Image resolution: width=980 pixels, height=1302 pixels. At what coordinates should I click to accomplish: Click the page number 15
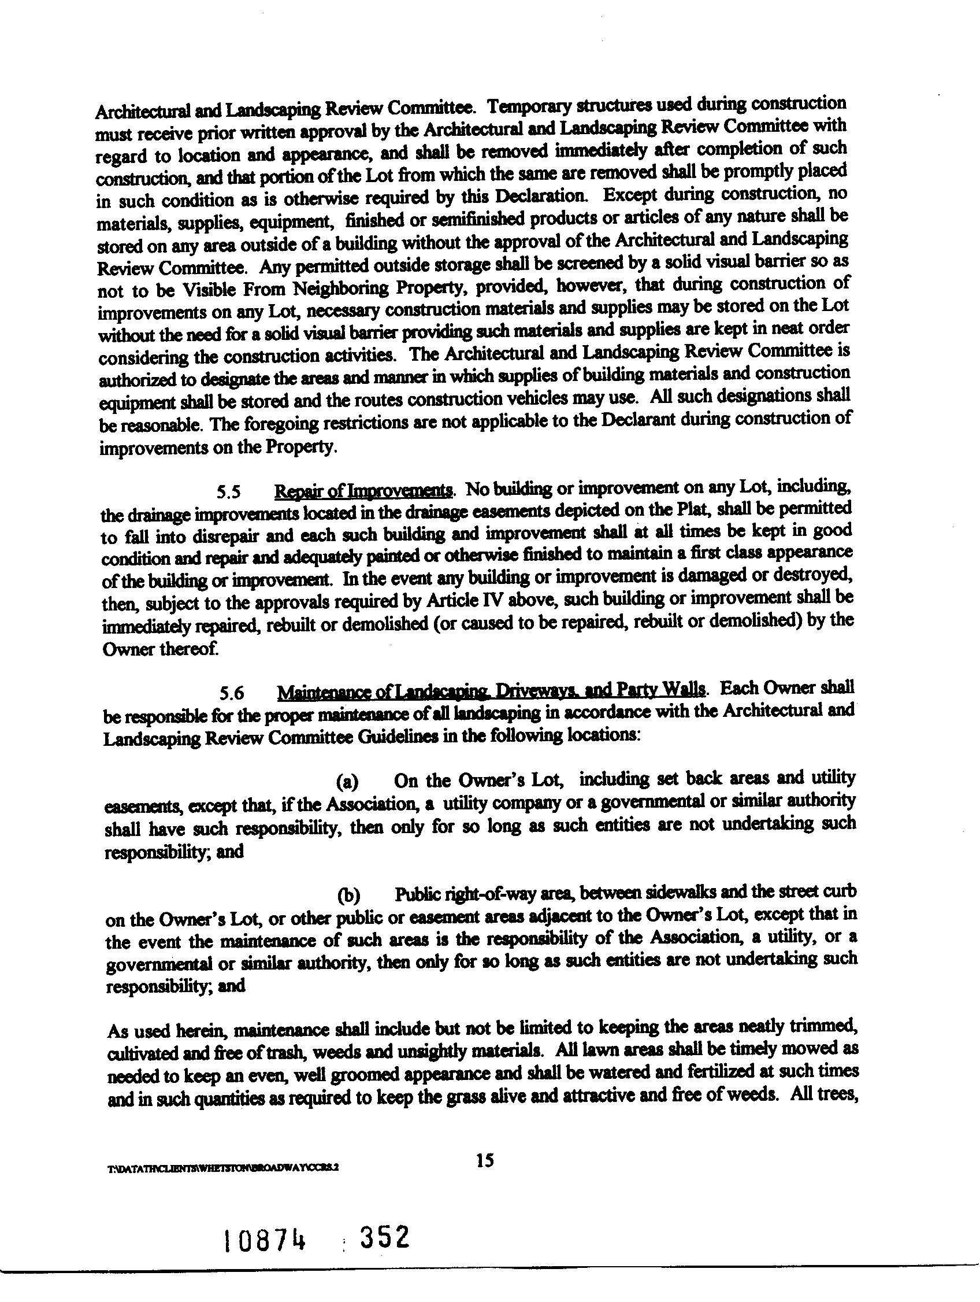coord(485,1160)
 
